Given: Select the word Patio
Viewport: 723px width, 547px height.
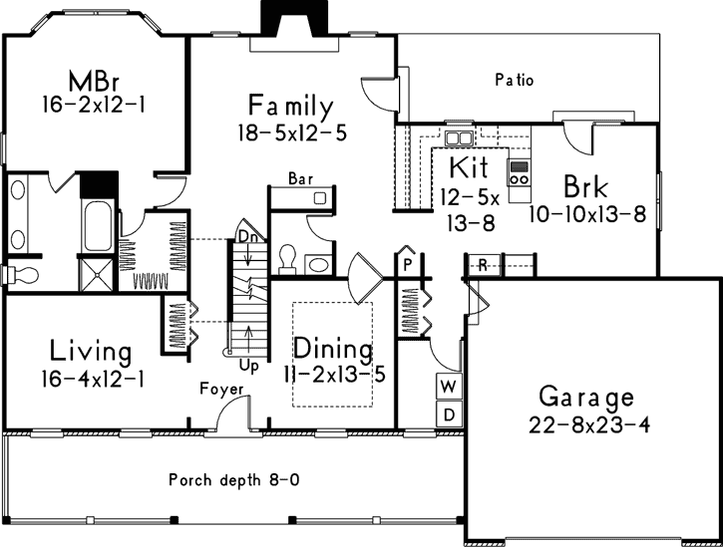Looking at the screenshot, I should (515, 80).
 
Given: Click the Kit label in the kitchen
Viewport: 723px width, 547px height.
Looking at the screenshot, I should (467, 164).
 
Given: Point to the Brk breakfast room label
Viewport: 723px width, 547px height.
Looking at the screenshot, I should (584, 186).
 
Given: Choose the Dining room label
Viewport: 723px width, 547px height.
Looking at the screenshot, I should (332, 351).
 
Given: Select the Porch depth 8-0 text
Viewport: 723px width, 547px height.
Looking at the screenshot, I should (233, 479).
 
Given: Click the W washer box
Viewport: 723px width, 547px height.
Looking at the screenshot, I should (449, 386).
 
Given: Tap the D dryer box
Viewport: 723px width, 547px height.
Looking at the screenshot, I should (449, 412).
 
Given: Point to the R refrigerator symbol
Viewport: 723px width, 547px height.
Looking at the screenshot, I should (482, 264).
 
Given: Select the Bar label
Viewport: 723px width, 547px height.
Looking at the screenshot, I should (299, 178).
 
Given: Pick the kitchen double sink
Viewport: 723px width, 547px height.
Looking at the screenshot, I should (460, 137).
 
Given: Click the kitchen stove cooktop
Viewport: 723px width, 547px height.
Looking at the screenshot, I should (520, 173).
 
